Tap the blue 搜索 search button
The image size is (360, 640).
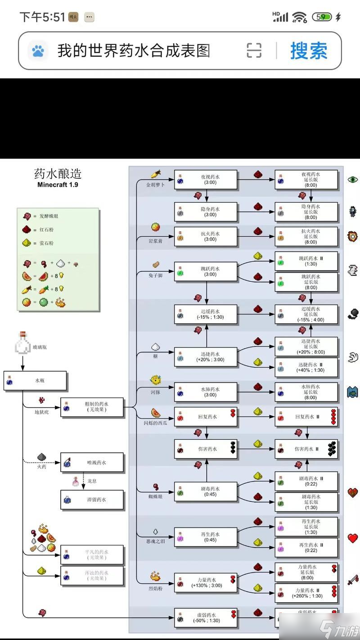coord(309,50)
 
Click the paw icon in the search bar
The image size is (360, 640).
coord(38,50)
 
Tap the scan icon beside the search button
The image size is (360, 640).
coord(254,50)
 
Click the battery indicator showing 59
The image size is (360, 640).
coord(322,17)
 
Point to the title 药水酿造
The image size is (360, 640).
coord(58,174)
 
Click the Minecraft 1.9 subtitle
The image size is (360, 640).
coord(58,185)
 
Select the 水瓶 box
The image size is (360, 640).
coord(36,381)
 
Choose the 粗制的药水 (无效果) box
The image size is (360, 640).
coord(92,407)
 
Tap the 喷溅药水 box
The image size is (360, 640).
coord(92,462)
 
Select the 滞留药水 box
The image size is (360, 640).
coord(92,500)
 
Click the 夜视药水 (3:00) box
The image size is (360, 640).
coord(206,180)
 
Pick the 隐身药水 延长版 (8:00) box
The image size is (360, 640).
coord(306,212)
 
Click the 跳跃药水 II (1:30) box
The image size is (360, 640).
coord(306,261)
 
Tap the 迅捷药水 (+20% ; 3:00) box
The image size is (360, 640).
coord(206,357)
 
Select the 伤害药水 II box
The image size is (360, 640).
coord(306,449)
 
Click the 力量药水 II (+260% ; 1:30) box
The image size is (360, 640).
coord(306,593)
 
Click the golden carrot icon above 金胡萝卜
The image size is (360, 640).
coord(156,174)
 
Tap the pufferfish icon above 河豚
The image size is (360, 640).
coord(156,380)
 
